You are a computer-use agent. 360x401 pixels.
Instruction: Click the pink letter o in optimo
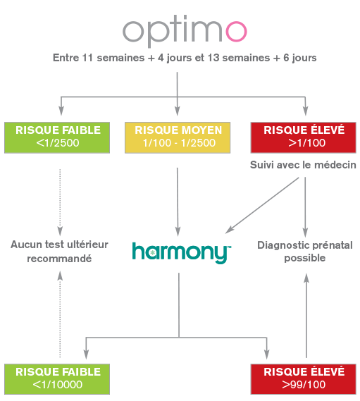(236, 31)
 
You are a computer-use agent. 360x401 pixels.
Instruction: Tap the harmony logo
(182, 253)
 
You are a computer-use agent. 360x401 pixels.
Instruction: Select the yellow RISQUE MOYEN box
(178, 137)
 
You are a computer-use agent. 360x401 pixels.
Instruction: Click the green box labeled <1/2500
(57, 137)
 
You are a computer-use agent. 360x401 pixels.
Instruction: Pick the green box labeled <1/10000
(57, 379)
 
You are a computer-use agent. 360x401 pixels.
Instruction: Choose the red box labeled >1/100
(303, 137)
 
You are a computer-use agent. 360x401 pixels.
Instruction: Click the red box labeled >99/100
(303, 379)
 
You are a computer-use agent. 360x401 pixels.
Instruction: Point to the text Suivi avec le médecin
(303, 165)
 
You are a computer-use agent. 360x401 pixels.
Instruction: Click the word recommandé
(59, 259)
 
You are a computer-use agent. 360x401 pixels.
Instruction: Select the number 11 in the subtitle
(87, 58)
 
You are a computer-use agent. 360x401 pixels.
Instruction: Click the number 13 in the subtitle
(213, 58)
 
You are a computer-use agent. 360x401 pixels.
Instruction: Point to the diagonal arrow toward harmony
(262, 205)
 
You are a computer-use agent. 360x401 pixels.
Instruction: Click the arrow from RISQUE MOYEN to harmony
(178, 202)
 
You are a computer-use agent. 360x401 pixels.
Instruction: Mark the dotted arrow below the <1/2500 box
(60, 202)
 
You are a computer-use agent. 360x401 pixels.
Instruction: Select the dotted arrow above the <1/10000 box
(60, 314)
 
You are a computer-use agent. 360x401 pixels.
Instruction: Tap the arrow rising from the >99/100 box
(306, 316)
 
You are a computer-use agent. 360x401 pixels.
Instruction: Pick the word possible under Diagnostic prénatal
(305, 259)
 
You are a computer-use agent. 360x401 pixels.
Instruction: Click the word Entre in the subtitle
(66, 58)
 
